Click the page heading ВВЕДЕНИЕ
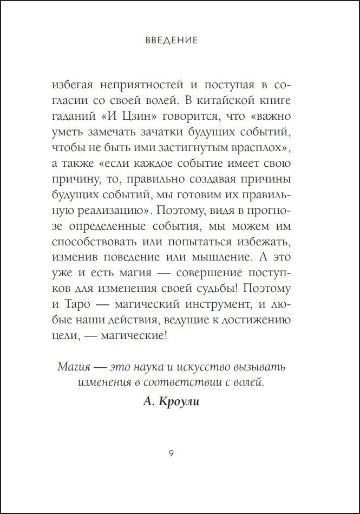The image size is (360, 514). [172, 40]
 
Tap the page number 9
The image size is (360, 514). [172, 453]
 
